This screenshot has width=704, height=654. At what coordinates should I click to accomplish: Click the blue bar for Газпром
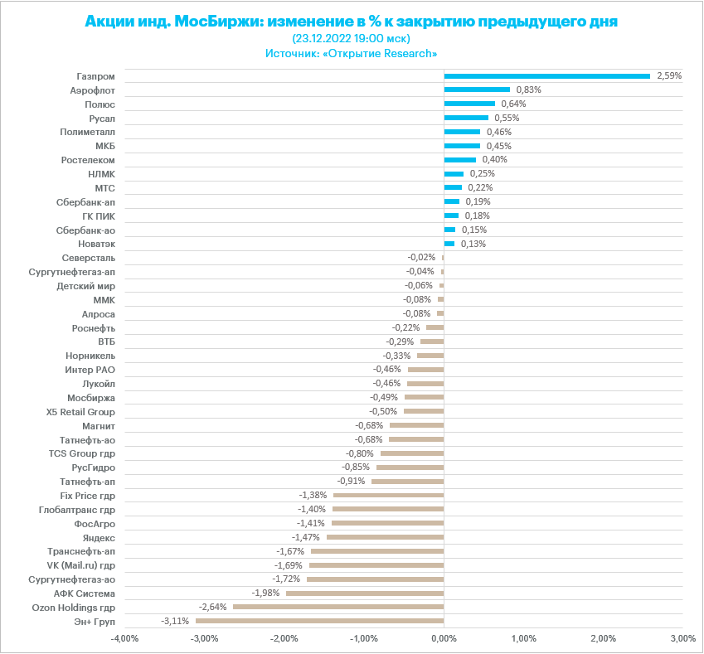[x=546, y=76]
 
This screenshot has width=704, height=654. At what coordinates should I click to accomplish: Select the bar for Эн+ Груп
[x=319, y=621]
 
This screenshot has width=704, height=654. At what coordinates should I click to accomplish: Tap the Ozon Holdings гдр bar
[x=338, y=607]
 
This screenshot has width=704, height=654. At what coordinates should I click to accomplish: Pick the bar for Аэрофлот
[x=477, y=90]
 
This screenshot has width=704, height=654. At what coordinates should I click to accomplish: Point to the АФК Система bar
[x=365, y=593]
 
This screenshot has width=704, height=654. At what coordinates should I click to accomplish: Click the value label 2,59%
[x=668, y=75]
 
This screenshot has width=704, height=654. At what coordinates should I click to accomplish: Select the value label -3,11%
[x=176, y=621]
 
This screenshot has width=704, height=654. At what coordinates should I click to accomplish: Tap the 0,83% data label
[x=528, y=90]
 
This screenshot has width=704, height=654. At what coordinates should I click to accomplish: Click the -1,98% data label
[x=266, y=593]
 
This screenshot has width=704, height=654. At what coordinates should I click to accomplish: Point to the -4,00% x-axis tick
[x=125, y=639]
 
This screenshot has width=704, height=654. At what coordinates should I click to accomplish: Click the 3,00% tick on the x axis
[x=682, y=639]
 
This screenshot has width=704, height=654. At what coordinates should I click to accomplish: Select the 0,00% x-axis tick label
[x=444, y=639]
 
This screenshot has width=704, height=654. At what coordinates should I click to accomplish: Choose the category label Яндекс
[x=100, y=537]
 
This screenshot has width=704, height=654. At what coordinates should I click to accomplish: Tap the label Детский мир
[x=85, y=285]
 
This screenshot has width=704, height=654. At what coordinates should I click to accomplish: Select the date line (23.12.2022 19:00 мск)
[x=352, y=38]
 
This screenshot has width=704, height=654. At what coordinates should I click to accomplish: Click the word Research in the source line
[x=405, y=53]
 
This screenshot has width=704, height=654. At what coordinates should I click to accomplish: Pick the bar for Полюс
[x=469, y=104]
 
